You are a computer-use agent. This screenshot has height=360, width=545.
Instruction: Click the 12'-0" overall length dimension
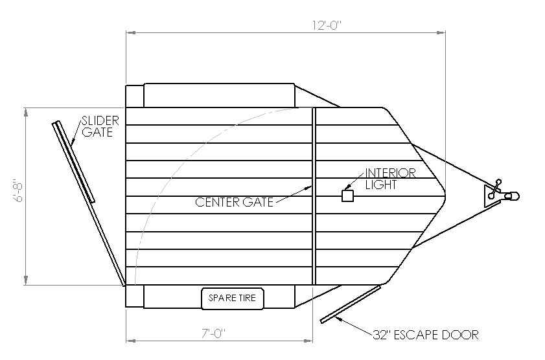[x=327, y=25]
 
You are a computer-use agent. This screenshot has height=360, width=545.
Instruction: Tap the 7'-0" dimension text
[x=213, y=333]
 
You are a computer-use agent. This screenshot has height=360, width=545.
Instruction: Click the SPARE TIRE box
[x=232, y=298]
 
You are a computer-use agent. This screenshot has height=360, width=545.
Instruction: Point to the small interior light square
[x=347, y=196]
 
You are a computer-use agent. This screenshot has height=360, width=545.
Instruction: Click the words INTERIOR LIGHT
[x=390, y=179]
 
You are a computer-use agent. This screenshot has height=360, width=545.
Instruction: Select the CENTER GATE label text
[x=235, y=202]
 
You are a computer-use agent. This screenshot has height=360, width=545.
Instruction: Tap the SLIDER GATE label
[x=100, y=126]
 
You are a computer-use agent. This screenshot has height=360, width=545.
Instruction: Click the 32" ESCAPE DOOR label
[x=426, y=335]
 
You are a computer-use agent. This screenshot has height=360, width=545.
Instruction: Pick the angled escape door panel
[x=351, y=304]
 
